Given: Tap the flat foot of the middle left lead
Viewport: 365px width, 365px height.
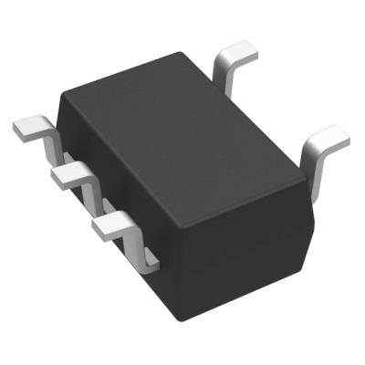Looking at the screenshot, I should pos(69,172).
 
